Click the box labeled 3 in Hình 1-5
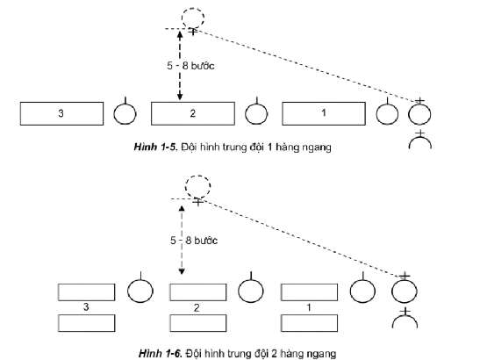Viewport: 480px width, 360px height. click(x=61, y=114)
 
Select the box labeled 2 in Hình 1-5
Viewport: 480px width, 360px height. click(x=191, y=114)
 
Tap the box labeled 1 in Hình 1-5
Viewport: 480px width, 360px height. click(x=322, y=114)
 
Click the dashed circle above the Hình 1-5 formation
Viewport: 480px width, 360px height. click(x=192, y=17)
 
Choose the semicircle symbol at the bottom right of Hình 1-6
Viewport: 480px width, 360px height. click(x=404, y=321)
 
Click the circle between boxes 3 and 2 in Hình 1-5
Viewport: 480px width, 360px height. click(x=126, y=114)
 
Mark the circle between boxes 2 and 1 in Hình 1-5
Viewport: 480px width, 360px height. click(x=256, y=114)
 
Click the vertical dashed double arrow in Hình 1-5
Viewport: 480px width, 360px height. click(x=180, y=66)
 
